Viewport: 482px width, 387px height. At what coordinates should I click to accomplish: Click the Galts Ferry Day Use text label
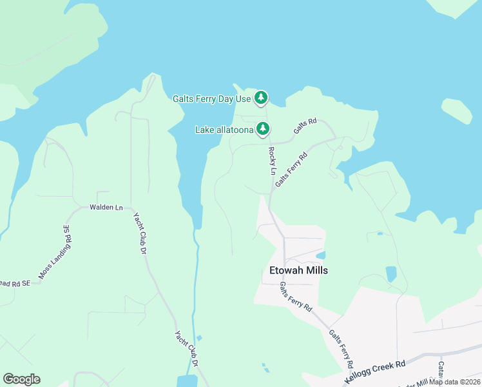click(x=211, y=99)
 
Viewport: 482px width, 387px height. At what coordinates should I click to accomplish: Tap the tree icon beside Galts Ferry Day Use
click(x=260, y=98)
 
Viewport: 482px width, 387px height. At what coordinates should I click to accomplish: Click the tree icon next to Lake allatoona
click(x=263, y=129)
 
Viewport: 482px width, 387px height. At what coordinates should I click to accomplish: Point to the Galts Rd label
click(x=305, y=126)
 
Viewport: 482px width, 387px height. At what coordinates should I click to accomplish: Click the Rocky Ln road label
click(x=273, y=161)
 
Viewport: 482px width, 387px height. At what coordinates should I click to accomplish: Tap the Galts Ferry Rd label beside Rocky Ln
click(x=292, y=169)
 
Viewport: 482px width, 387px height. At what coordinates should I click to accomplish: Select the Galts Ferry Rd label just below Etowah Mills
click(x=296, y=297)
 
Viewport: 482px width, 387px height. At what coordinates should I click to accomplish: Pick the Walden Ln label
click(x=106, y=208)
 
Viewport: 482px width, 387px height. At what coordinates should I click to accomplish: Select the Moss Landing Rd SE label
click(x=54, y=252)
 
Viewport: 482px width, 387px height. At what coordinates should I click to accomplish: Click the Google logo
click(x=21, y=379)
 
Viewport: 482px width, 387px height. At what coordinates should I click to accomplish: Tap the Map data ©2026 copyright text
click(x=455, y=382)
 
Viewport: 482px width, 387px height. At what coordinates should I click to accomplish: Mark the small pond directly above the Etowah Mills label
click(x=321, y=255)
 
